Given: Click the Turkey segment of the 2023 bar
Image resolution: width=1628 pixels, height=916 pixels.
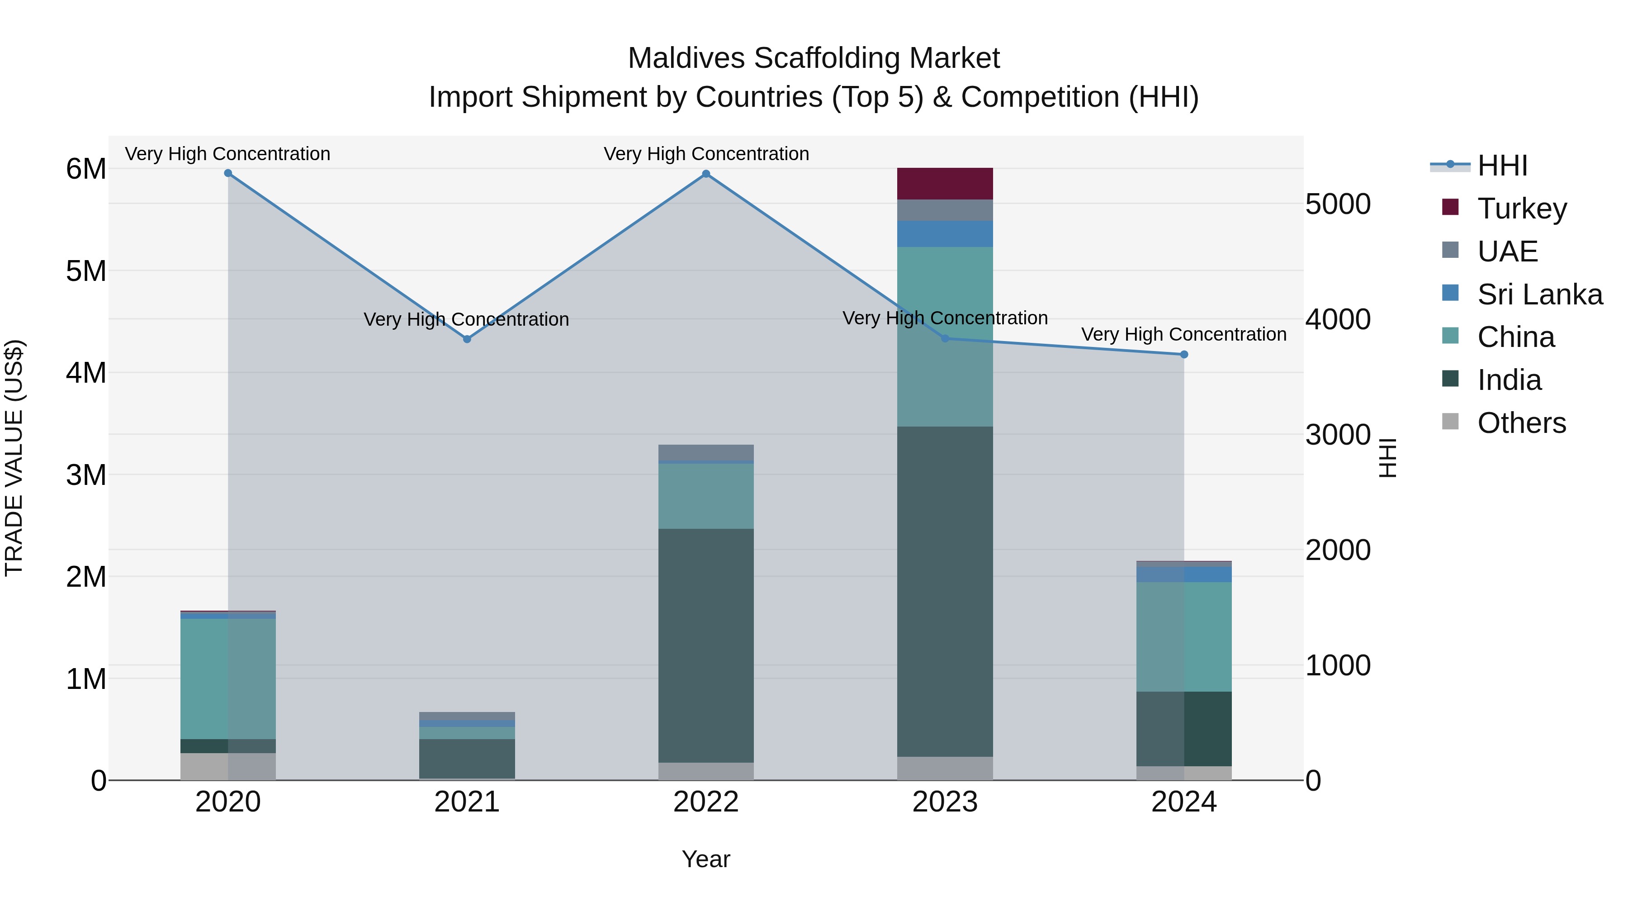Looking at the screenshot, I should (945, 184).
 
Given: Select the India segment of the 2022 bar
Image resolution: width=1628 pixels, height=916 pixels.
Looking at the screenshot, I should (706, 645).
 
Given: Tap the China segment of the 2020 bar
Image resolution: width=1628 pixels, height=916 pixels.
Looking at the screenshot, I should (228, 679).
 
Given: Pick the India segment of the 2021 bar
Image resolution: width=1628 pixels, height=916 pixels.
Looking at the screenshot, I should (467, 758).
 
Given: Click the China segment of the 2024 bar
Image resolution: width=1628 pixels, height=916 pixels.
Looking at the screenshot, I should (1184, 636).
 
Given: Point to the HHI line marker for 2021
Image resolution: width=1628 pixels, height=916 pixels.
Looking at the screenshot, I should (467, 339).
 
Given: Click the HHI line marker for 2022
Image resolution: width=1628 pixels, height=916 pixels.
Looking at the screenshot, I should (706, 174).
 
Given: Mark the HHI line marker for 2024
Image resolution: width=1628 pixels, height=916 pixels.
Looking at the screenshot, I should (1184, 355).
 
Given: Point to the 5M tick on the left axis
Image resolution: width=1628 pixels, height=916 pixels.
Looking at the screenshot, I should (86, 271).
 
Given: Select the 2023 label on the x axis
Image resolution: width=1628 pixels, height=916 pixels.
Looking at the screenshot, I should (945, 802).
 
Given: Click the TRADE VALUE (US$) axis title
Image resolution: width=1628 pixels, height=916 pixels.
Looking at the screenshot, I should (14, 458).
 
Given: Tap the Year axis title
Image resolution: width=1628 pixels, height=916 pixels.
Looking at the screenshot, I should (706, 859).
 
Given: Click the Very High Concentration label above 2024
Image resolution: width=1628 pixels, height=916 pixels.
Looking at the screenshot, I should (1184, 334).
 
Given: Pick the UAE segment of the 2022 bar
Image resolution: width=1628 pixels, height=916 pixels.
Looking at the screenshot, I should (706, 453).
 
